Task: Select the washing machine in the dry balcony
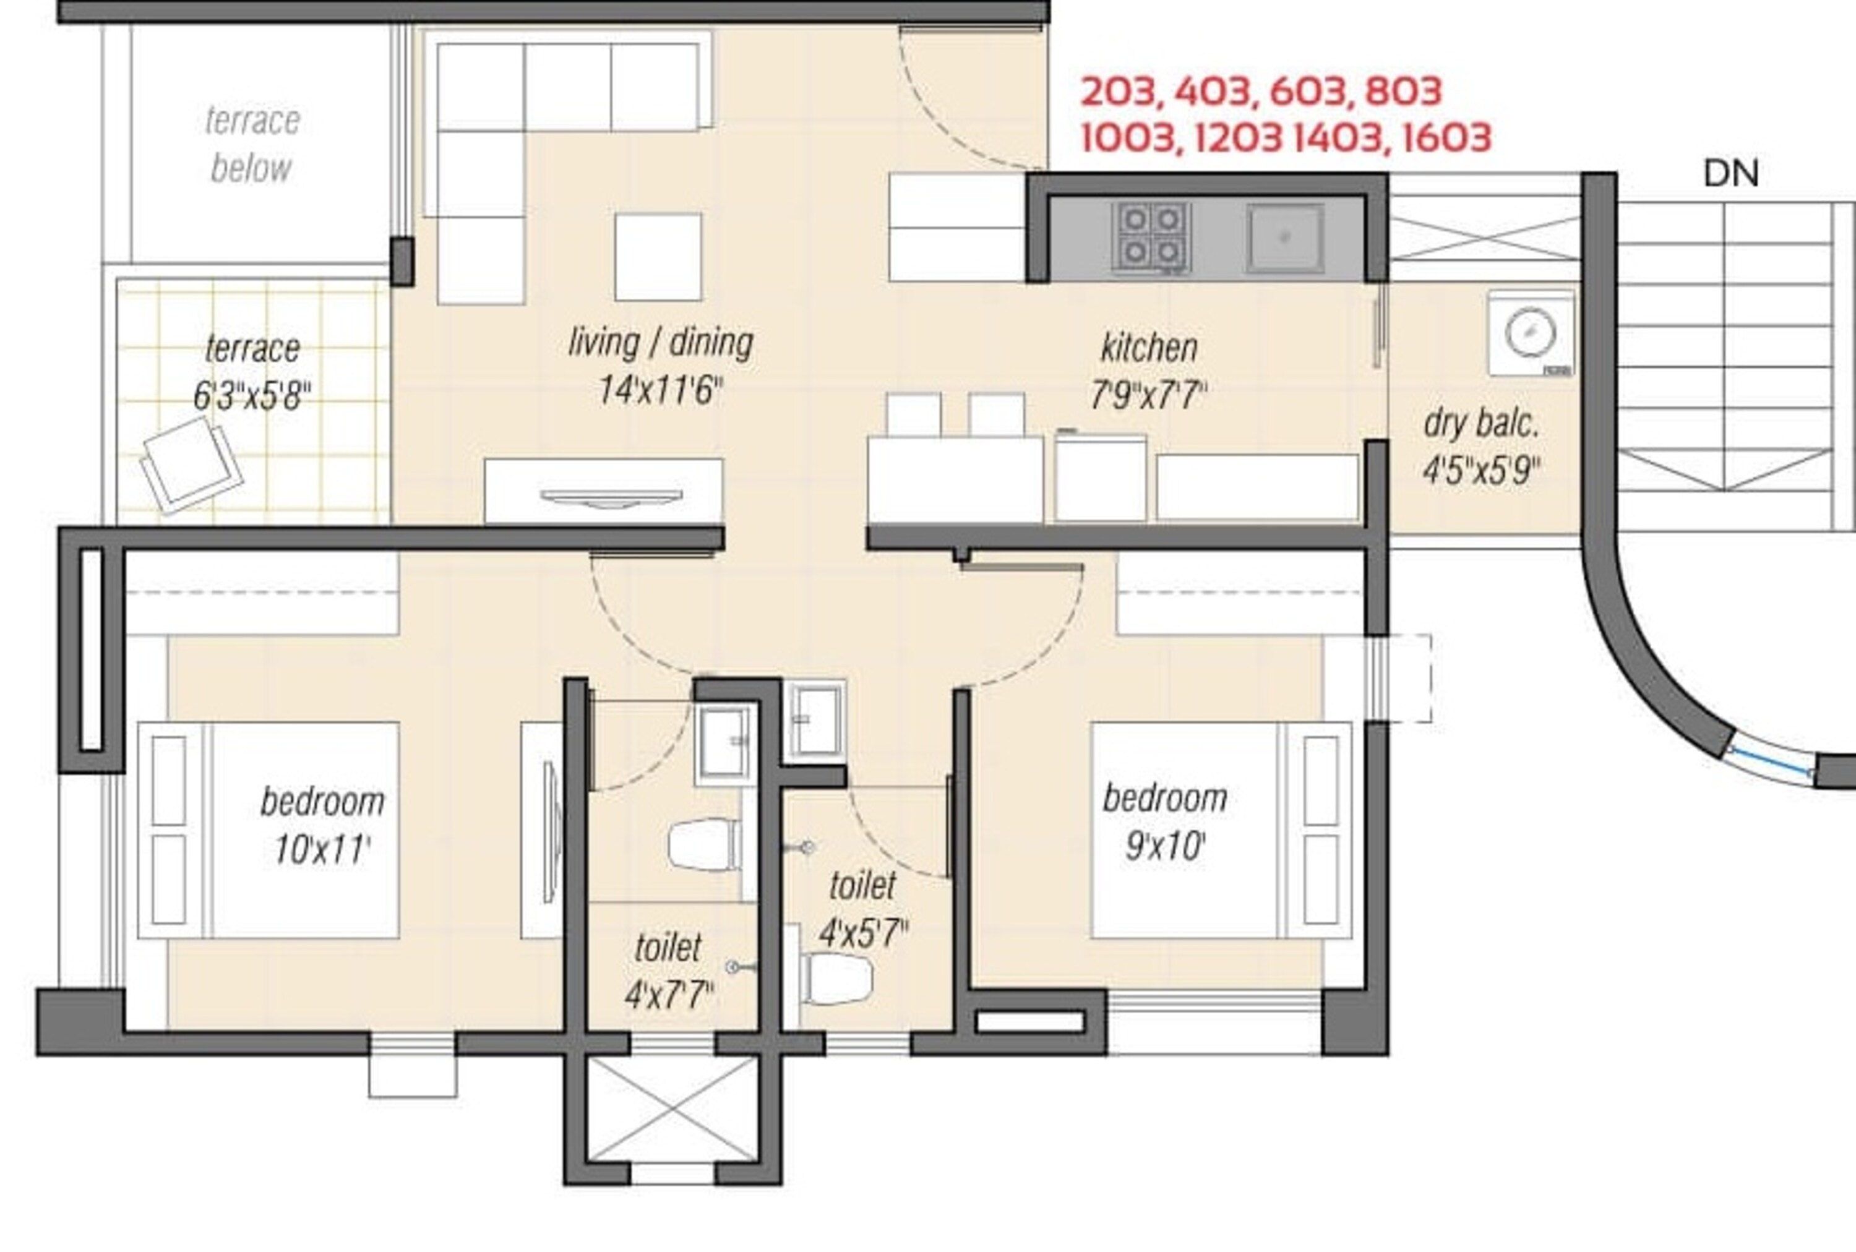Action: (x=1530, y=334)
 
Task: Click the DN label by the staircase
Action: (x=1730, y=174)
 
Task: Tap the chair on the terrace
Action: (x=192, y=466)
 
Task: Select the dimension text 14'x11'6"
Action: (x=661, y=391)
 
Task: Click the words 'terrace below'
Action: (x=252, y=145)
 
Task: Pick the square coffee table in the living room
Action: (x=658, y=256)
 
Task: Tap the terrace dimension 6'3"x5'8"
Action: (x=252, y=395)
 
